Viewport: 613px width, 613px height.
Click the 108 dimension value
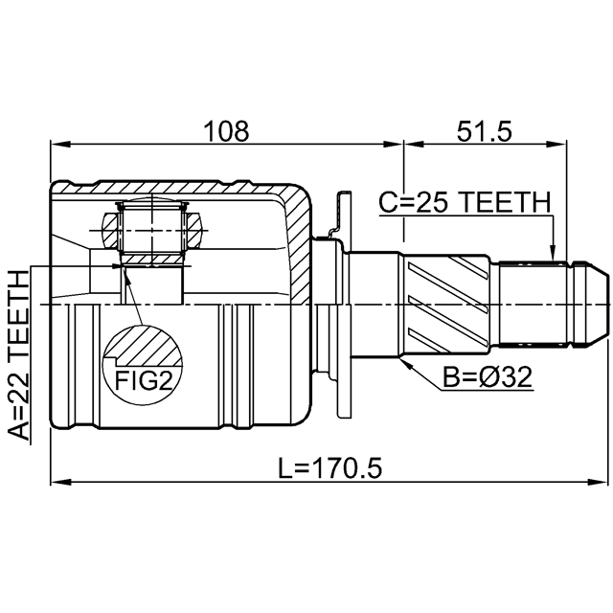[226, 131]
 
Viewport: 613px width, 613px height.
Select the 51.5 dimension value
[485, 131]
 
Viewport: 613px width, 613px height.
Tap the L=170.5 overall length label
[329, 468]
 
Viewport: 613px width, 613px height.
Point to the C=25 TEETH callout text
[465, 202]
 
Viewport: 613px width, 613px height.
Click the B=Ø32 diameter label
[488, 377]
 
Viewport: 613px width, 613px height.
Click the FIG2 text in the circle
[144, 380]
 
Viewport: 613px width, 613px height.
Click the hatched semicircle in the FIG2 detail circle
[143, 346]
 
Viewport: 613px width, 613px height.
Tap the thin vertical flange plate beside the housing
[344, 305]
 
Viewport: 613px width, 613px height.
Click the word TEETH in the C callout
[504, 202]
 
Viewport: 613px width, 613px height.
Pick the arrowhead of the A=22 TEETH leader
[116, 266]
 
